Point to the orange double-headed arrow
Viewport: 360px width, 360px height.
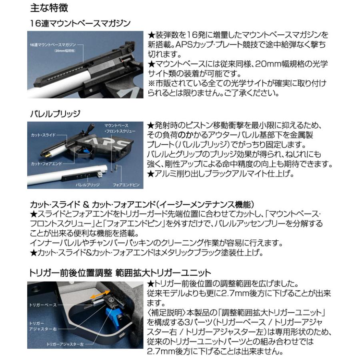coord(100,295)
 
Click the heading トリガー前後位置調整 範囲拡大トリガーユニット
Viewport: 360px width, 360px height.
coord(120,274)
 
